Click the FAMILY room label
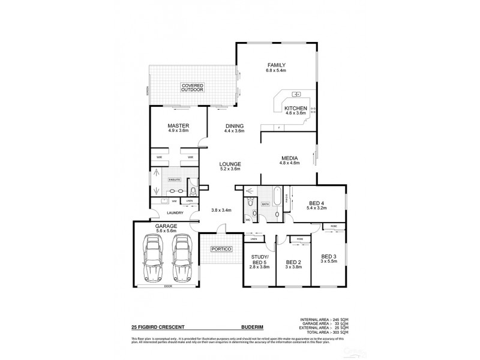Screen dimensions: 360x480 (x=277, y=65)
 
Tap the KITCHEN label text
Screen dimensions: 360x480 (x=295, y=108)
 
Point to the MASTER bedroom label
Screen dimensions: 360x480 (x=178, y=126)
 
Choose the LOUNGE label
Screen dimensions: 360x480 (x=230, y=164)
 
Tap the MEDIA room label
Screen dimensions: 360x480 (x=290, y=159)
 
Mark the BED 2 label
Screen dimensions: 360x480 (x=293, y=262)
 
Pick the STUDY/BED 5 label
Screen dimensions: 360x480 (x=258, y=259)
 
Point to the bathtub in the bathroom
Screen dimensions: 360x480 (x=277, y=196)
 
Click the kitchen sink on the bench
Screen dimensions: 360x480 (x=296, y=95)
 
